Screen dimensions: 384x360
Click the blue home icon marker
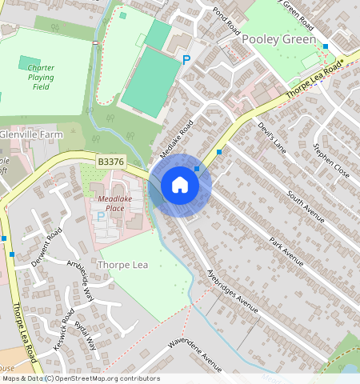(x=180, y=186)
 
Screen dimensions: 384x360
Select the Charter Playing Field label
(x=41, y=78)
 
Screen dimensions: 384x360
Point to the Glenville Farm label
(x=30, y=134)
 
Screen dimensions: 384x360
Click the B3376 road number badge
(x=110, y=162)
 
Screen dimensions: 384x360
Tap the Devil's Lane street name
(x=272, y=136)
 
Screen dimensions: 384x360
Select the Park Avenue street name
(x=286, y=250)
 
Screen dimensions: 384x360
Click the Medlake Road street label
(x=177, y=138)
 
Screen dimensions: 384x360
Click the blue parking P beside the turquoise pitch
(x=186, y=60)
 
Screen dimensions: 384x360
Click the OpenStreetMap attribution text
(x=80, y=378)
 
